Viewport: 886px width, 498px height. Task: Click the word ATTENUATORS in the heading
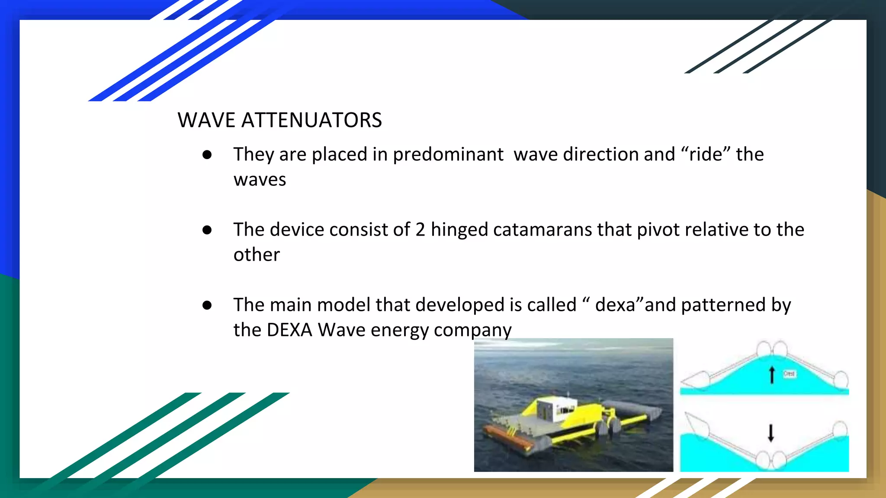[311, 120]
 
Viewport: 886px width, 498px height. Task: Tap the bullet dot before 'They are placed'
[207, 155]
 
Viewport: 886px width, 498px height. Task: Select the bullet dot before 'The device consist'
[207, 230]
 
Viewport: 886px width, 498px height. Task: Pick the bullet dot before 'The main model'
[207, 305]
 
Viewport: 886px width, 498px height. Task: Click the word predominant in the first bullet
[448, 155]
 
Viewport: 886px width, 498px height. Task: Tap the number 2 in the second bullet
[420, 230]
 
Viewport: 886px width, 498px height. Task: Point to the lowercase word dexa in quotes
[615, 305]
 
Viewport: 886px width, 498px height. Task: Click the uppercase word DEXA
[289, 330]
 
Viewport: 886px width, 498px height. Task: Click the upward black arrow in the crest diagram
[772, 374]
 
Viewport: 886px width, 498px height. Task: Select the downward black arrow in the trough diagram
[771, 433]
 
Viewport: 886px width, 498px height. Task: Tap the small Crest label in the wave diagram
[789, 373]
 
